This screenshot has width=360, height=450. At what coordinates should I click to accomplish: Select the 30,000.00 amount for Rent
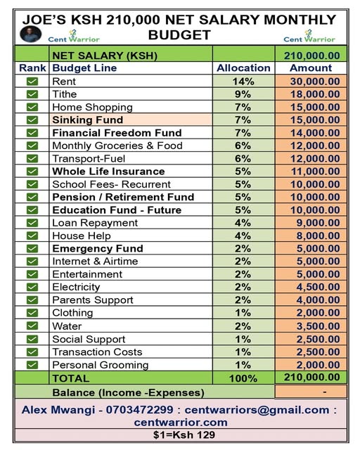[x=310, y=82]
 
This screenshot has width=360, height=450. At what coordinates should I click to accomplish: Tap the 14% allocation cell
[x=243, y=82]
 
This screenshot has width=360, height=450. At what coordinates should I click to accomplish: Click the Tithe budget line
[x=65, y=94]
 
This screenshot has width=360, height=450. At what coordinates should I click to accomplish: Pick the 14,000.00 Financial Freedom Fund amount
[x=310, y=133]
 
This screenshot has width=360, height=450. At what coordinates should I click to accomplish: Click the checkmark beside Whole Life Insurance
[x=32, y=172]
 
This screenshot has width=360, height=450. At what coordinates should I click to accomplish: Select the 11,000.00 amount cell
[x=310, y=172]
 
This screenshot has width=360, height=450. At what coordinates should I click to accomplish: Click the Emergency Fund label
[x=97, y=248]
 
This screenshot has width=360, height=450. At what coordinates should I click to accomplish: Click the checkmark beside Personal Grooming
[x=32, y=364]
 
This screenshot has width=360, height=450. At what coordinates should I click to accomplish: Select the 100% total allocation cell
[x=243, y=378]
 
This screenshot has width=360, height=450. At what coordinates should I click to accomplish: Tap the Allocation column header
[x=243, y=68]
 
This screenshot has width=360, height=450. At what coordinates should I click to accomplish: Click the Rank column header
[x=32, y=68]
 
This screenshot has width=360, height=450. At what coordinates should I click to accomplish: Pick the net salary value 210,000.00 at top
[x=310, y=56]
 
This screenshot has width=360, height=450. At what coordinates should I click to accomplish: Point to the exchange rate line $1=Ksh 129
[x=180, y=435]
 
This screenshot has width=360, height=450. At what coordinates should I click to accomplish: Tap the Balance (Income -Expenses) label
[x=128, y=392]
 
